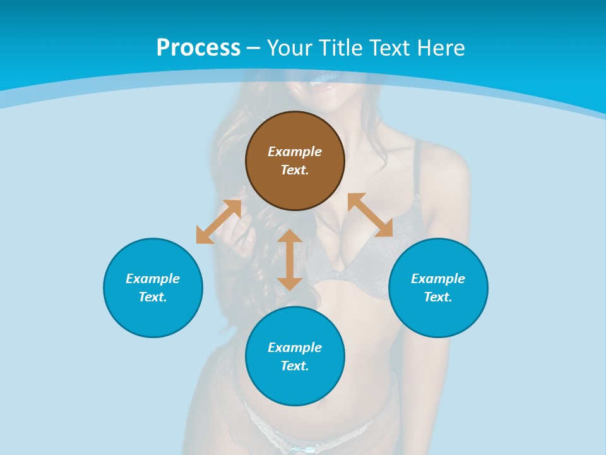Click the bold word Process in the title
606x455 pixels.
click(x=198, y=48)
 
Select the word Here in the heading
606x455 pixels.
click(x=441, y=48)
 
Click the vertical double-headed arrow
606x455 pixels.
click(x=290, y=260)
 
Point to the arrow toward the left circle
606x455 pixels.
click(x=218, y=222)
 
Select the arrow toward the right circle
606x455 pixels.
click(x=370, y=215)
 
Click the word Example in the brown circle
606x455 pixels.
click(x=295, y=152)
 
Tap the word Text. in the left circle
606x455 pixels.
click(x=153, y=297)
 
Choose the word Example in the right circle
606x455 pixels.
click(x=438, y=279)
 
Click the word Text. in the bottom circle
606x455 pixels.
click(x=295, y=366)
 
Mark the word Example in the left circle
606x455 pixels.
click(x=153, y=279)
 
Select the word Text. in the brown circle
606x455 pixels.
click(x=295, y=170)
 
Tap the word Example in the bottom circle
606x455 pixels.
click(x=295, y=348)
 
